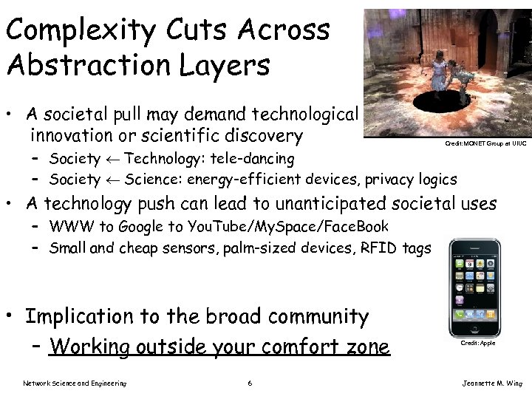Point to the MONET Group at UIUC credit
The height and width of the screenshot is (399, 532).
point(485,143)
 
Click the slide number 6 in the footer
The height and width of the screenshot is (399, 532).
point(250,383)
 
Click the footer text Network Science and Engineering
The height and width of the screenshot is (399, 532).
point(75,383)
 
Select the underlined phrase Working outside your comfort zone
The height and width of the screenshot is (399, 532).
point(219,347)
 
